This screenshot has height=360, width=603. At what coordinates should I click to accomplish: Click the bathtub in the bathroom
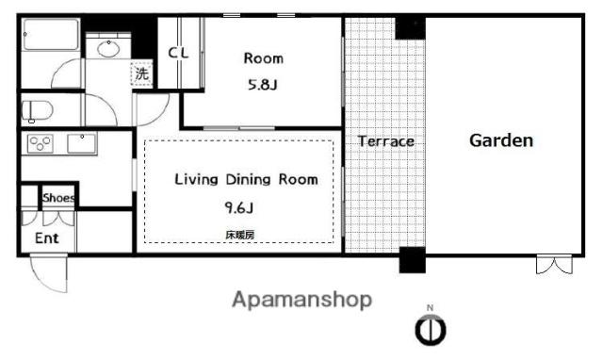point(51,34)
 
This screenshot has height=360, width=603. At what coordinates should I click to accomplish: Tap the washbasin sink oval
point(108,49)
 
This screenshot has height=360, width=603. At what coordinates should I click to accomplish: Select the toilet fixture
point(36,111)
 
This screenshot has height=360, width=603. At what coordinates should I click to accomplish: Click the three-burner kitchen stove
point(40,143)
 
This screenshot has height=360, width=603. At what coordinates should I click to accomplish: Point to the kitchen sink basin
point(82,143)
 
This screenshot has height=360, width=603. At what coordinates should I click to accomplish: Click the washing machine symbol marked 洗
point(142,74)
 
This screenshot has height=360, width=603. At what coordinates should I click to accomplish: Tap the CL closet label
point(178,53)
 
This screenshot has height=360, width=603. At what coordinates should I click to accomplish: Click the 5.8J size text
point(262,85)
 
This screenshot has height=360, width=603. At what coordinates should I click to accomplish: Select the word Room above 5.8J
point(264,58)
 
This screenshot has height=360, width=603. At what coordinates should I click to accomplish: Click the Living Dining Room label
point(247,179)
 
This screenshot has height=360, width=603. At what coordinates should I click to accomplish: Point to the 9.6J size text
point(238,208)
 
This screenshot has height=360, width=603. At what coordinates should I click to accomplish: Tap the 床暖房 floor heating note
point(239,235)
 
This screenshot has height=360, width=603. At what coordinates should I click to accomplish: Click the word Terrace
point(385,141)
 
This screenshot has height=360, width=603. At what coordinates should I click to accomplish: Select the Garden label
point(501,140)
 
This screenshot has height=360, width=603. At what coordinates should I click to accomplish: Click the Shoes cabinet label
point(58,198)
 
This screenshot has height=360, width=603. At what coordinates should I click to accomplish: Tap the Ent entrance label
point(46,238)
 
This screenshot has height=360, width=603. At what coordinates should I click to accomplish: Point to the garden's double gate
point(554,264)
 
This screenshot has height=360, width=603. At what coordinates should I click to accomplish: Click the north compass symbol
point(431,330)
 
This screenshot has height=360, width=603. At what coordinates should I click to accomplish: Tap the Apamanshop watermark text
point(301,300)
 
